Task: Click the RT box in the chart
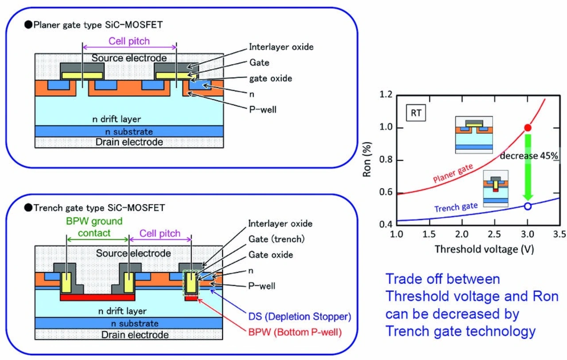(416, 113)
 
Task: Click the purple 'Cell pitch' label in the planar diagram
(129, 41)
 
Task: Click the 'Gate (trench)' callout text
(276, 240)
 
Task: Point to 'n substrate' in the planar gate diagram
(128, 132)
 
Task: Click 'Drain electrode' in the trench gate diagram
(128, 335)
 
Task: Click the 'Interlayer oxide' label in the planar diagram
(281, 46)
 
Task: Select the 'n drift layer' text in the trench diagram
(122, 311)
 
